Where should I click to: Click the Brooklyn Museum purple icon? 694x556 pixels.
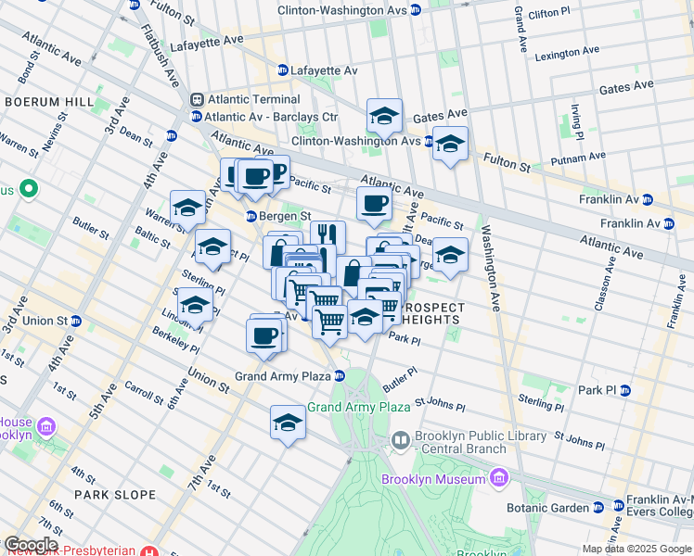499,478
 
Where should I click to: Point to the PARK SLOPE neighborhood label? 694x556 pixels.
115,495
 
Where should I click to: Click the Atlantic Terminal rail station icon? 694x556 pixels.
197,100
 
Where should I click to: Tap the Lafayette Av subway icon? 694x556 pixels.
283,70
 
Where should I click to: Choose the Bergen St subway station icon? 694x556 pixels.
251,217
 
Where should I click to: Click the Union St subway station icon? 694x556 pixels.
75,322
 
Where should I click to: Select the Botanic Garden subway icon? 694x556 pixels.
598,508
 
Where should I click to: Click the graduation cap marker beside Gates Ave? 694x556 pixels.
384,115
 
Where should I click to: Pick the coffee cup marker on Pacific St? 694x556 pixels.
374,203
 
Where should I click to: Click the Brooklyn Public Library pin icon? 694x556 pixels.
401,439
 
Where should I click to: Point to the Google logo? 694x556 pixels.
32,545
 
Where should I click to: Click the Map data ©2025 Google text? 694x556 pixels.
636,549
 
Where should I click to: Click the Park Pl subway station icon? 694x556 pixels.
625,390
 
